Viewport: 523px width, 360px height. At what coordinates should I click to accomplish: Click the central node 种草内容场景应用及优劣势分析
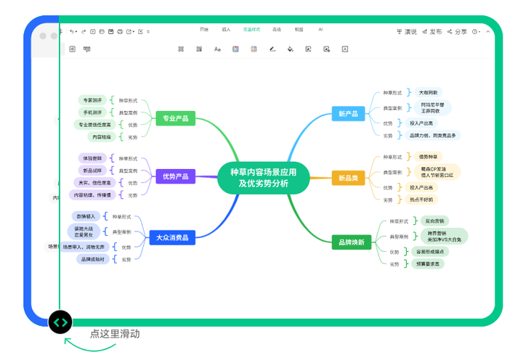pyautogui.click(x=263, y=177)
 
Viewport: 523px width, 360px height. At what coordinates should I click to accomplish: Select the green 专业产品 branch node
pyautogui.click(x=175, y=118)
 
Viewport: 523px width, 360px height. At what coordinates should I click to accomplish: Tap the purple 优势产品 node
pyautogui.click(x=175, y=176)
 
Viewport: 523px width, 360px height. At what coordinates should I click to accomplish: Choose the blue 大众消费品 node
pyautogui.click(x=172, y=237)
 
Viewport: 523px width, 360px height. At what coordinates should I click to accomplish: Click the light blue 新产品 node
pyautogui.click(x=348, y=113)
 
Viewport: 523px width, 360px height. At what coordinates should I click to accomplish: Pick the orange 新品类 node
pyautogui.click(x=348, y=177)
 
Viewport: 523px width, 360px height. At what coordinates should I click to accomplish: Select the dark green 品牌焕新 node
pyautogui.click(x=351, y=241)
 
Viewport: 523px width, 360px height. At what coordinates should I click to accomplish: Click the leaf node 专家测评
pyautogui.click(x=92, y=100)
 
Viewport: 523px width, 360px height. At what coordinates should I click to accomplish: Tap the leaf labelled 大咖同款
pyautogui.click(x=429, y=93)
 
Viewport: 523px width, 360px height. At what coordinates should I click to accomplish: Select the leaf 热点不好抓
pyautogui.click(x=422, y=200)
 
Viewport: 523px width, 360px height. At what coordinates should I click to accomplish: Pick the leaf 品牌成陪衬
pyautogui.click(x=93, y=259)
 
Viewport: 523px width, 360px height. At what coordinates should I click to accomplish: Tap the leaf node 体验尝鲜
pyautogui.click(x=93, y=157)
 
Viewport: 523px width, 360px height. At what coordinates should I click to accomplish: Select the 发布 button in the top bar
pyautogui.click(x=431, y=32)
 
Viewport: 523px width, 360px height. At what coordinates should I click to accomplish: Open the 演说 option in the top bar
pyautogui.click(x=407, y=32)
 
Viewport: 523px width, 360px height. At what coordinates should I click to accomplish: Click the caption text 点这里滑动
pyautogui.click(x=115, y=334)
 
